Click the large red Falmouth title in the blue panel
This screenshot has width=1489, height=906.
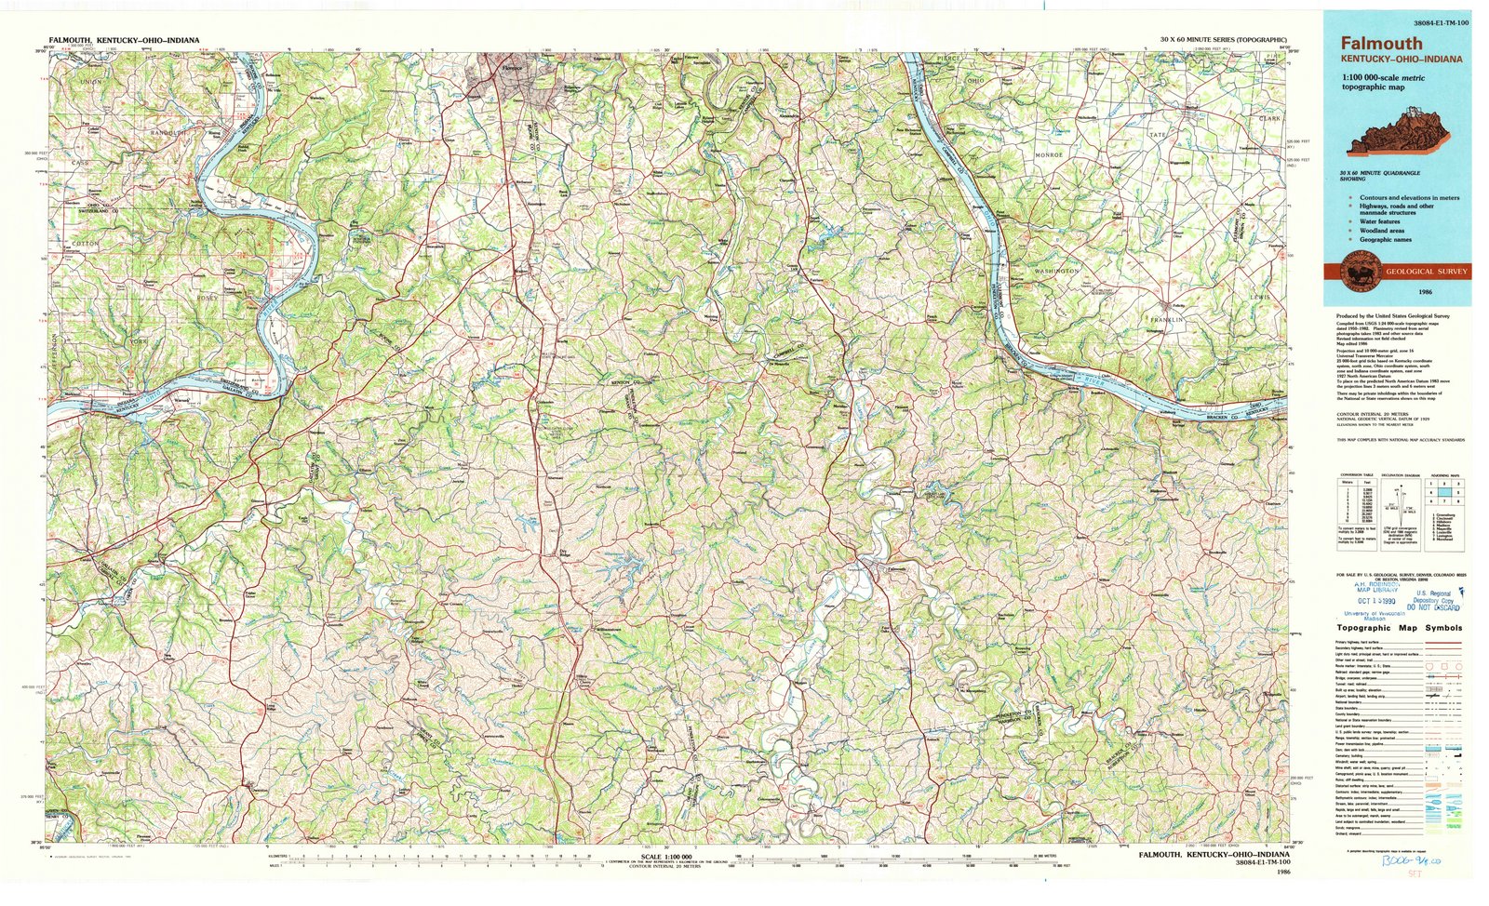[1381, 43]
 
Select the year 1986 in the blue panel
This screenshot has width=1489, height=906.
[1425, 292]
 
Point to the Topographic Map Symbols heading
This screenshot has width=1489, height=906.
[1399, 628]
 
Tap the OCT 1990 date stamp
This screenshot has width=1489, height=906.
[1377, 601]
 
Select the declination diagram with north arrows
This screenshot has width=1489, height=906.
[1399, 507]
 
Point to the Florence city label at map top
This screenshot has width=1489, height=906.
[511, 68]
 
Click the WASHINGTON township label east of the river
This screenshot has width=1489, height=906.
[1056, 271]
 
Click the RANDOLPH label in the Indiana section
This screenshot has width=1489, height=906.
[170, 133]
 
